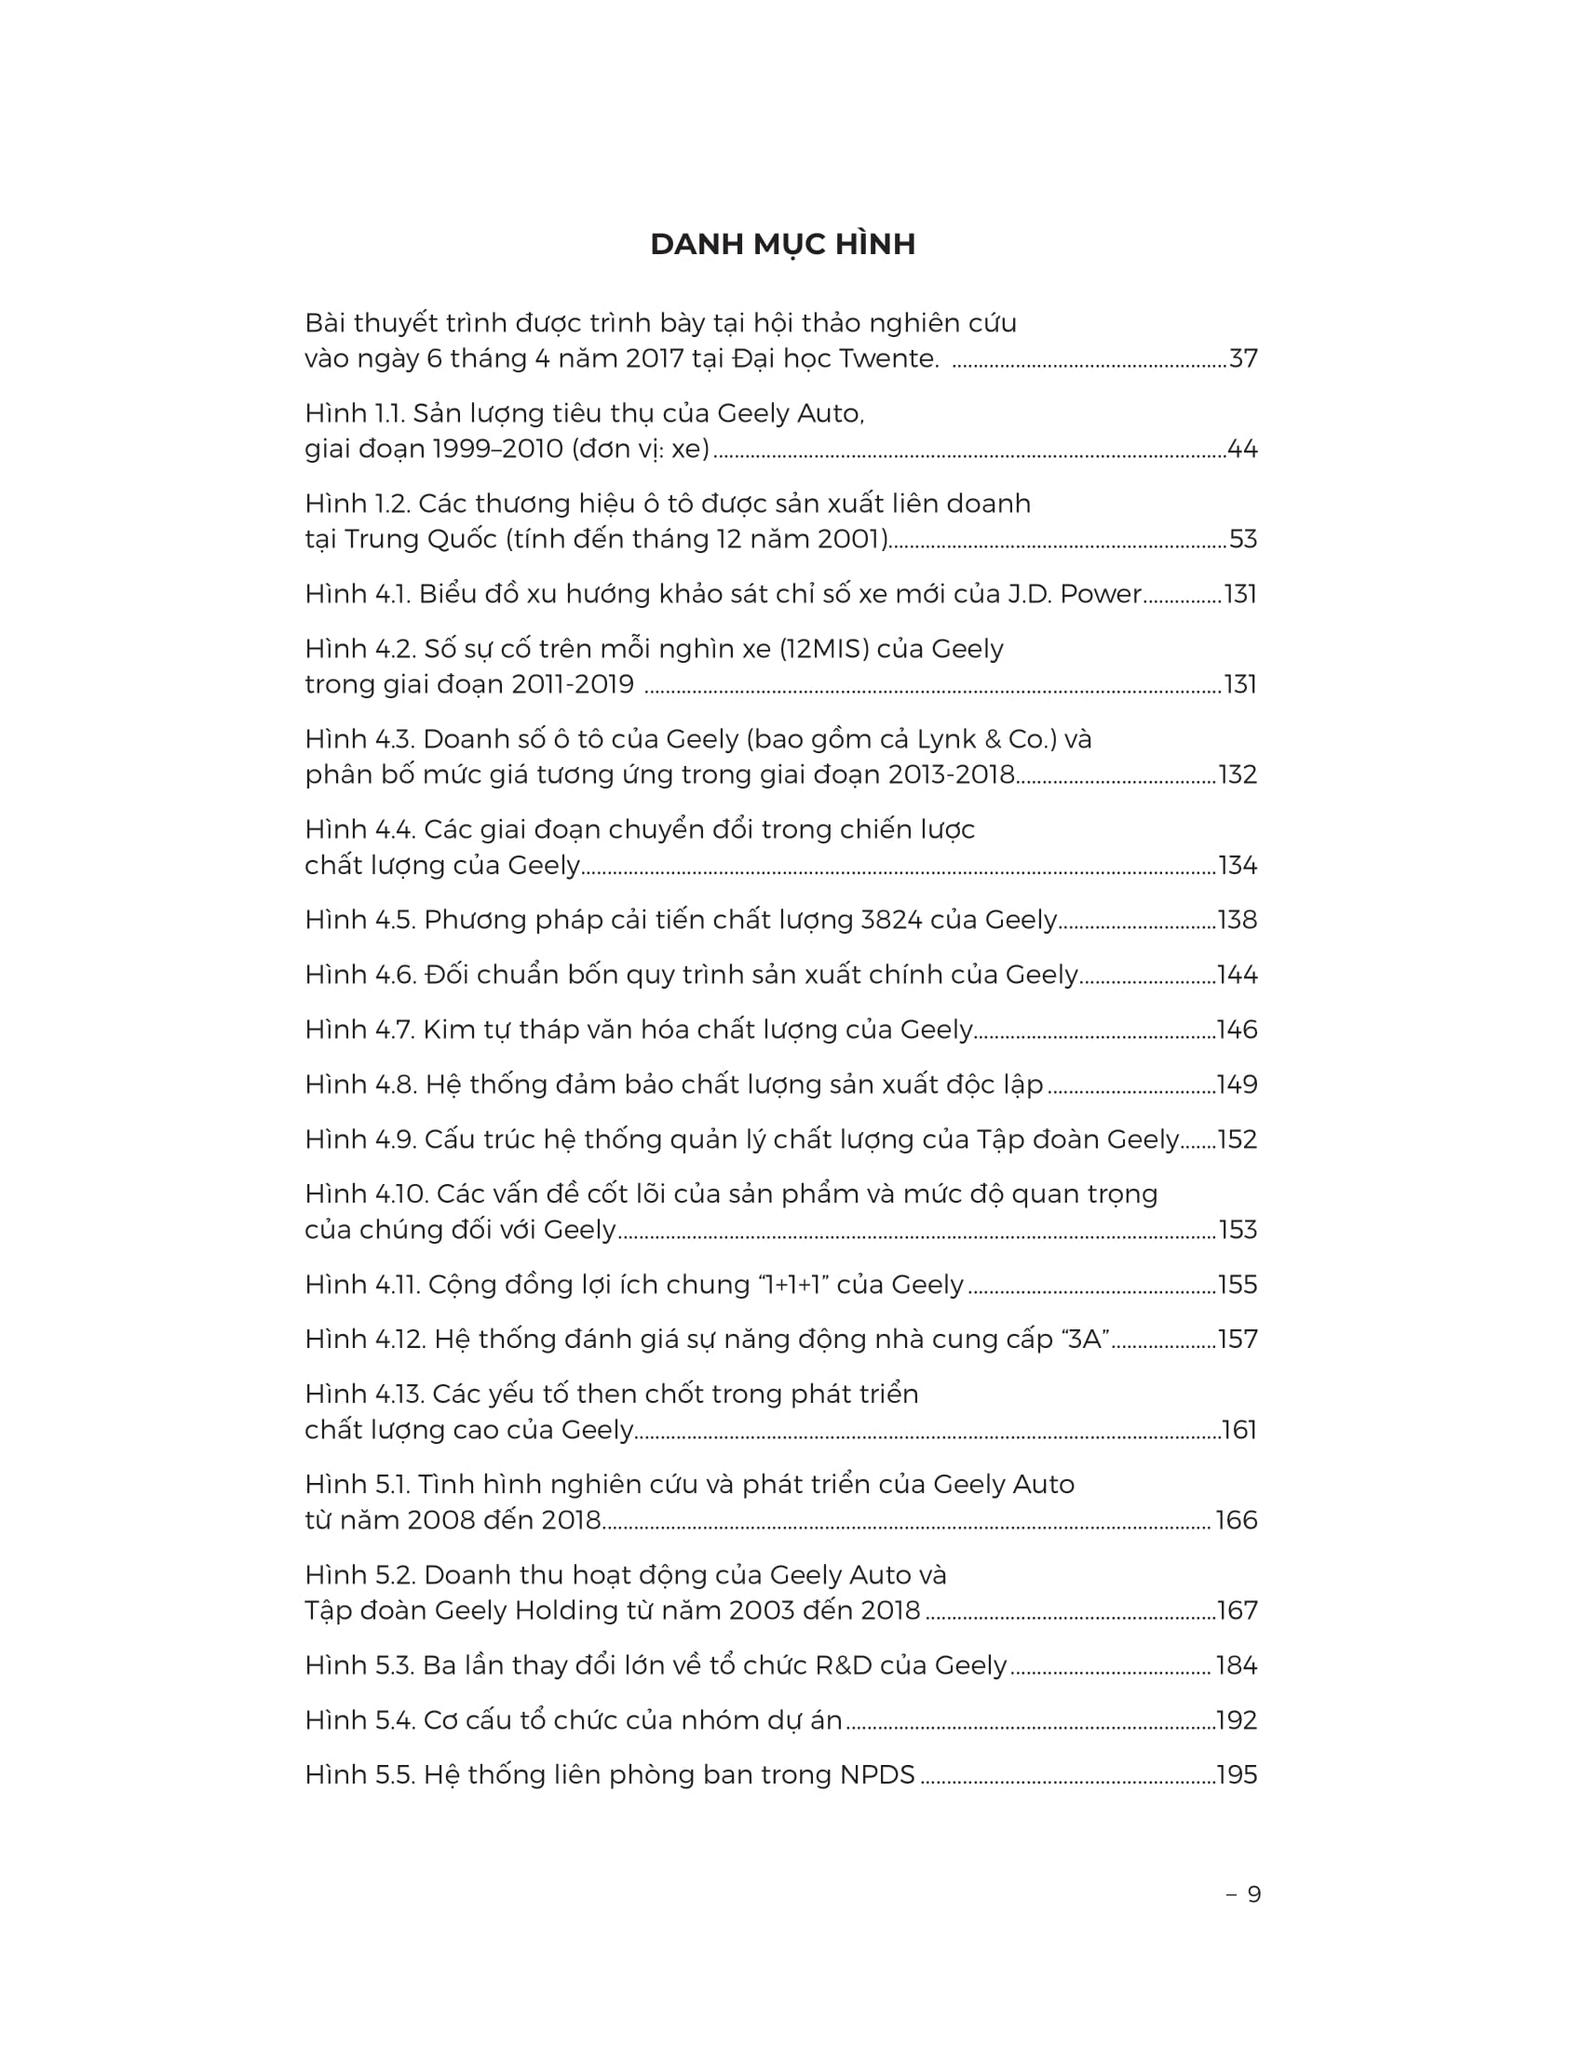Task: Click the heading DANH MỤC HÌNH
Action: tap(782, 245)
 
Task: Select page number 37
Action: tap(1242, 358)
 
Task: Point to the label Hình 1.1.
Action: tap(355, 413)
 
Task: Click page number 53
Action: tap(1242, 539)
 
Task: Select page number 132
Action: tap(1237, 775)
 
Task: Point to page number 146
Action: tap(1237, 1030)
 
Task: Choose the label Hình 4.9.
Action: tap(360, 1139)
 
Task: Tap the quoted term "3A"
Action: tap(1084, 1339)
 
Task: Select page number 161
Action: tap(1238, 1430)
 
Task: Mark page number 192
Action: tap(1236, 1719)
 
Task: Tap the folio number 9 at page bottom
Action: tap(1254, 1894)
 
